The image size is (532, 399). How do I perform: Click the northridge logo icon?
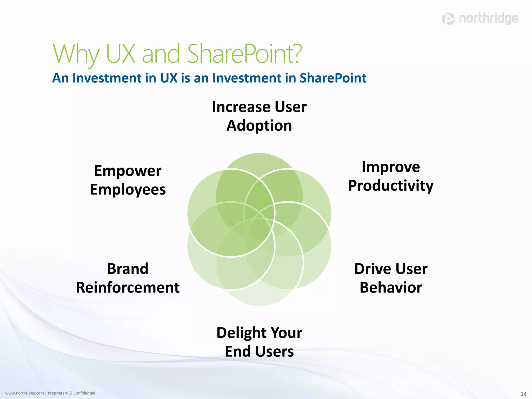[x=448, y=19]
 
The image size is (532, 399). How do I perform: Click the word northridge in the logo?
[x=488, y=19]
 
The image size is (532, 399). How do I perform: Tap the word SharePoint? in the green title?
[x=244, y=54]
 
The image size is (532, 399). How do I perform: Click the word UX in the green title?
[x=121, y=54]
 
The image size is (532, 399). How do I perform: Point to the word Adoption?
[x=259, y=126]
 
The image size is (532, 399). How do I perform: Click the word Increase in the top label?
[x=241, y=107]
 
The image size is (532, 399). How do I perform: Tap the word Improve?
[x=391, y=167]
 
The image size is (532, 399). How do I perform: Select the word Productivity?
[x=391, y=186]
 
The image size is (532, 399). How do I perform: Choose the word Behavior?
[x=391, y=288]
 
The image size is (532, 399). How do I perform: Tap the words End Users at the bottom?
[x=259, y=351]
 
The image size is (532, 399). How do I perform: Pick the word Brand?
[x=128, y=269]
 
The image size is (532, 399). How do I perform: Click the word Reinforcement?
[x=128, y=288]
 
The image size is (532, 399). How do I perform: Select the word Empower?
[x=128, y=171]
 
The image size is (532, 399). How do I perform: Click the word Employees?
[x=128, y=190]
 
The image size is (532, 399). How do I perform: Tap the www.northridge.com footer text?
[x=24, y=393]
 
